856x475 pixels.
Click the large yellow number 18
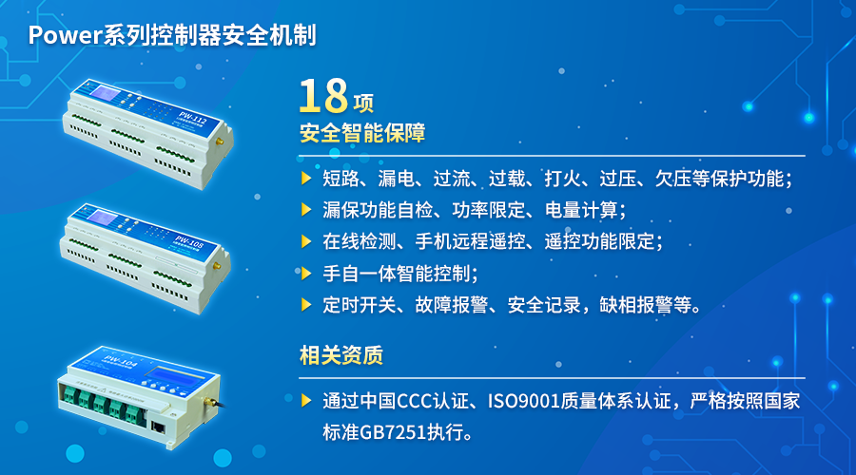323,95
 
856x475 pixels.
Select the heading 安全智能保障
362,133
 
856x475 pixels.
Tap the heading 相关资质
341,355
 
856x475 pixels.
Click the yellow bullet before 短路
306,179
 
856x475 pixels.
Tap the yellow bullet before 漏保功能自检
306,210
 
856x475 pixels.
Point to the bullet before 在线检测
306,241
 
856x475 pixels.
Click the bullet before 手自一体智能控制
306,274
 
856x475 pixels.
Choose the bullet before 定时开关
306,305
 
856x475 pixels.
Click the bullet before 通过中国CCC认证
306,401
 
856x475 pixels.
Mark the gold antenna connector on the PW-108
216,266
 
